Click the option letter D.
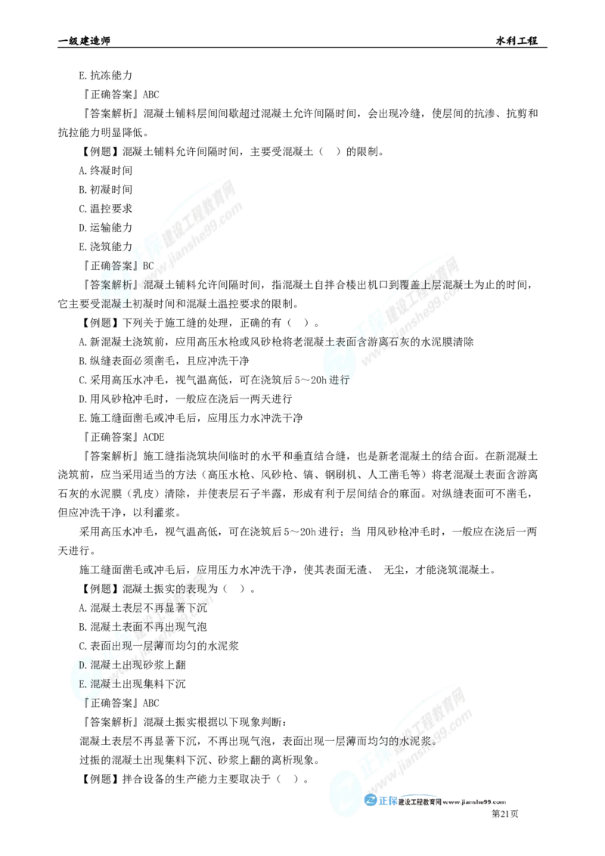point(82,665)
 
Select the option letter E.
point(82,683)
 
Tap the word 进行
point(340,380)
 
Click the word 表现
point(200,588)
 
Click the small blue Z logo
point(370,802)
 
